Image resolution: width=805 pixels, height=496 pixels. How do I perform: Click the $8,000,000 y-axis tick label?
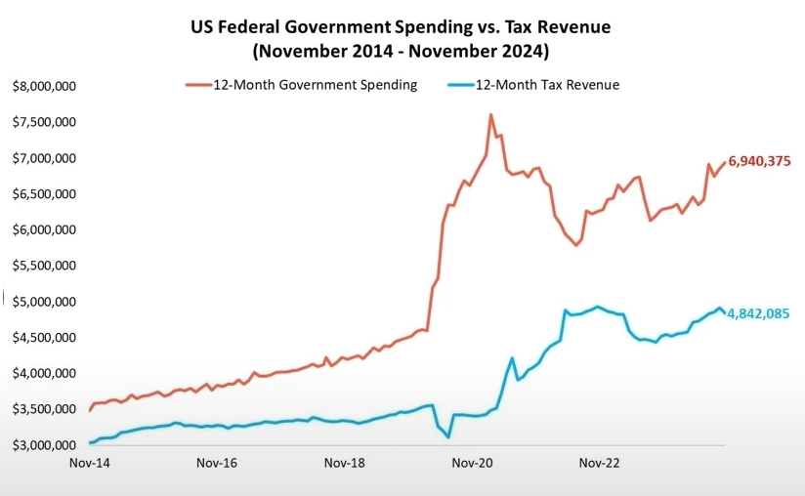click(44, 87)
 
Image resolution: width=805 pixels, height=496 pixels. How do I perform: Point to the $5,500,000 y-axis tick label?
click(44, 266)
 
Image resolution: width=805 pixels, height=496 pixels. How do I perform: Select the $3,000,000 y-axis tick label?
click(44, 445)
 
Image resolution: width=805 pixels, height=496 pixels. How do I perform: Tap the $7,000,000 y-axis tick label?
click(44, 158)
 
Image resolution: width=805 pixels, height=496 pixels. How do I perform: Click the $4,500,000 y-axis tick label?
click(44, 338)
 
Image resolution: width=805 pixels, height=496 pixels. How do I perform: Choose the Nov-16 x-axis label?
click(218, 466)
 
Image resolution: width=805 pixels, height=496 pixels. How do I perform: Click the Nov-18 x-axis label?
click(344, 466)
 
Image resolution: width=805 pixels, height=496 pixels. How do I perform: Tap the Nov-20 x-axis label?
click(471, 466)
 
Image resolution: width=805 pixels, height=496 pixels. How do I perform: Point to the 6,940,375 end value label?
click(759, 161)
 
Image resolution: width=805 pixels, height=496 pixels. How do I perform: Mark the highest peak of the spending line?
click(490, 115)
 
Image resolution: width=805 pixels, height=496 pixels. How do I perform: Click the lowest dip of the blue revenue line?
click(448, 436)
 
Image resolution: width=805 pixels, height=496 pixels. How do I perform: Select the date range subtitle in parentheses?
click(402, 49)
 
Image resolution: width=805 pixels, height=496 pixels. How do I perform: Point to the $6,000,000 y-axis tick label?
click(44, 230)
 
